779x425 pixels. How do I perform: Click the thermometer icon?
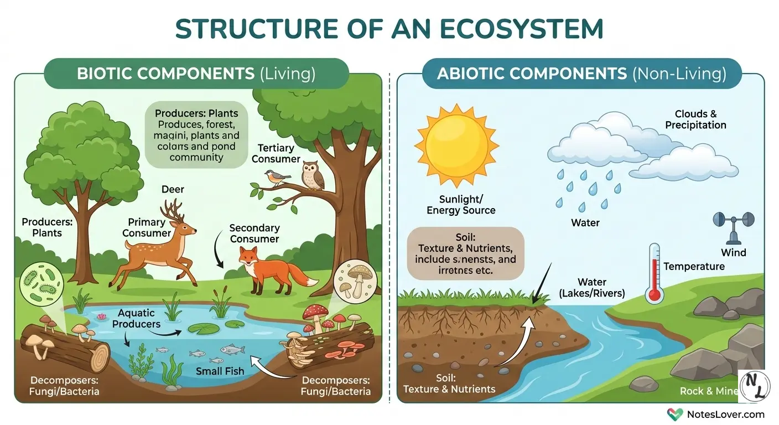pyautogui.click(x=655, y=274)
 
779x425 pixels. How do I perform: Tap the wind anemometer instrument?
pyautogui.click(x=734, y=227)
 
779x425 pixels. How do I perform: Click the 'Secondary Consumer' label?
pyautogui.click(x=255, y=233)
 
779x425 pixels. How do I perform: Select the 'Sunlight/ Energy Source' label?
pyautogui.click(x=461, y=204)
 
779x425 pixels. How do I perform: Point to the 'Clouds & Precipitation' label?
pyautogui.click(x=695, y=120)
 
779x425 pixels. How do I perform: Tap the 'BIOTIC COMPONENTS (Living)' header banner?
pyautogui.click(x=196, y=74)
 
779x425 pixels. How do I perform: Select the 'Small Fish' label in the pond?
pyautogui.click(x=220, y=371)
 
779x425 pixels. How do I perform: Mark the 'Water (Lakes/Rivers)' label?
pyautogui.click(x=600, y=287)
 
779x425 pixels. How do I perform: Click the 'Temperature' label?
pyautogui.click(x=694, y=266)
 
